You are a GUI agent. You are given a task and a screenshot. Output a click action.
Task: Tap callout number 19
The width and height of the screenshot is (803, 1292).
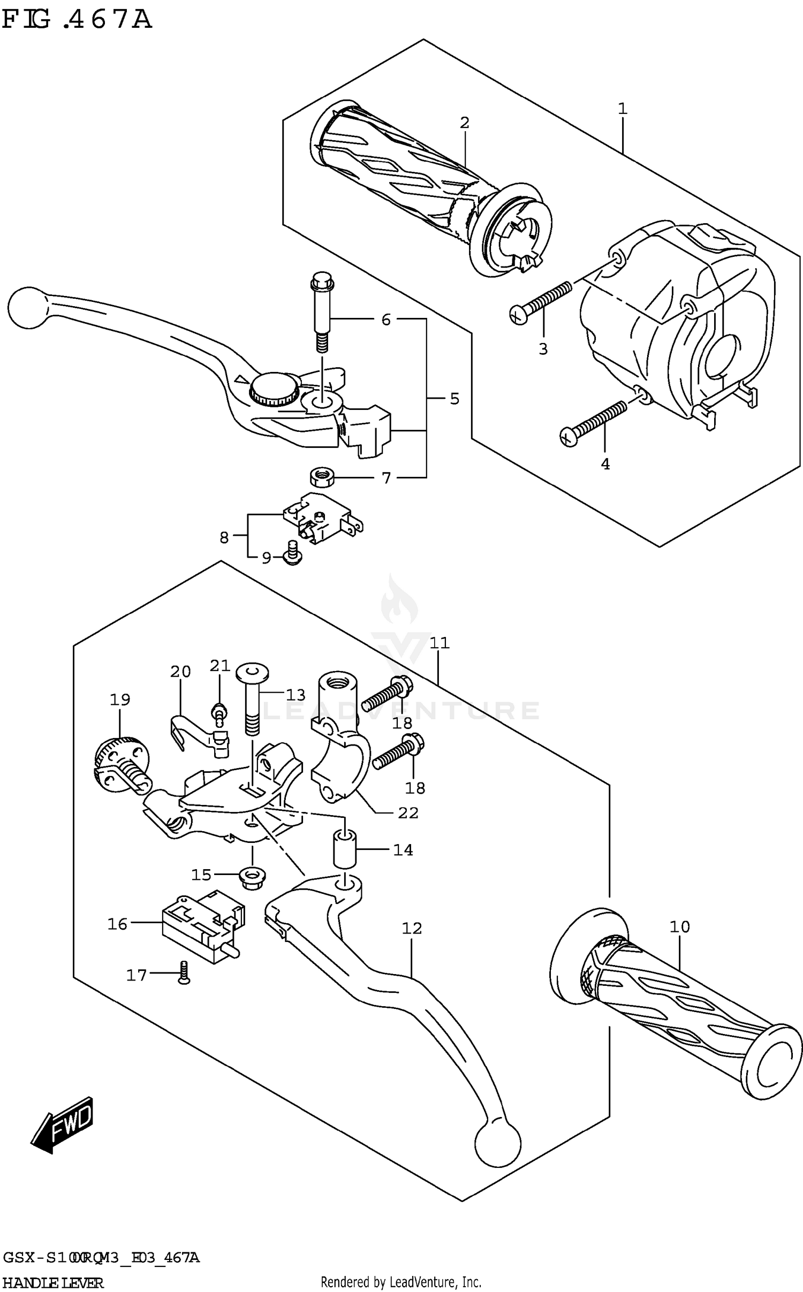[x=120, y=699]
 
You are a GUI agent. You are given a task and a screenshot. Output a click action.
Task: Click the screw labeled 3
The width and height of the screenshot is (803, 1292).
[x=541, y=301]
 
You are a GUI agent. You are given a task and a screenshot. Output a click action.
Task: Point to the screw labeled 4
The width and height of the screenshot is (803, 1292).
[x=593, y=424]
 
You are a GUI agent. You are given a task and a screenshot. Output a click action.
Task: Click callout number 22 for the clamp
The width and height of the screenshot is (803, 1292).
[x=408, y=813]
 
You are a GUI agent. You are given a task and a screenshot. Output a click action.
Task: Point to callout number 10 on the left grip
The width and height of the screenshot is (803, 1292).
[x=679, y=926]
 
